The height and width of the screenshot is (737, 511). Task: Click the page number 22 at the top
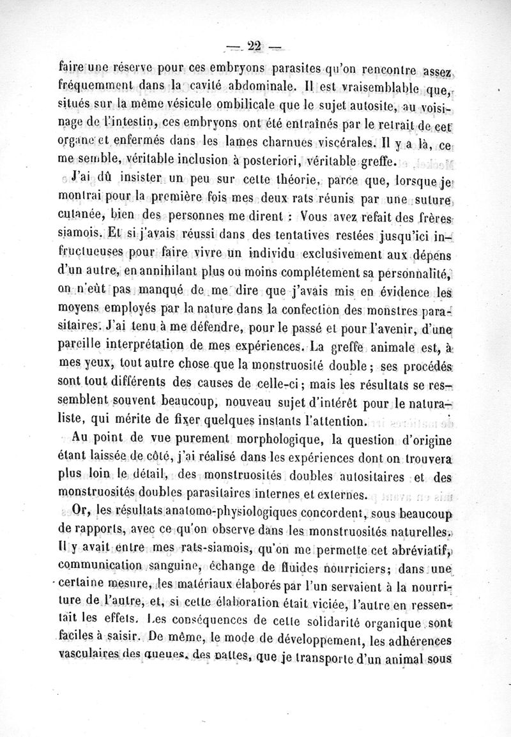pos(255,45)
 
